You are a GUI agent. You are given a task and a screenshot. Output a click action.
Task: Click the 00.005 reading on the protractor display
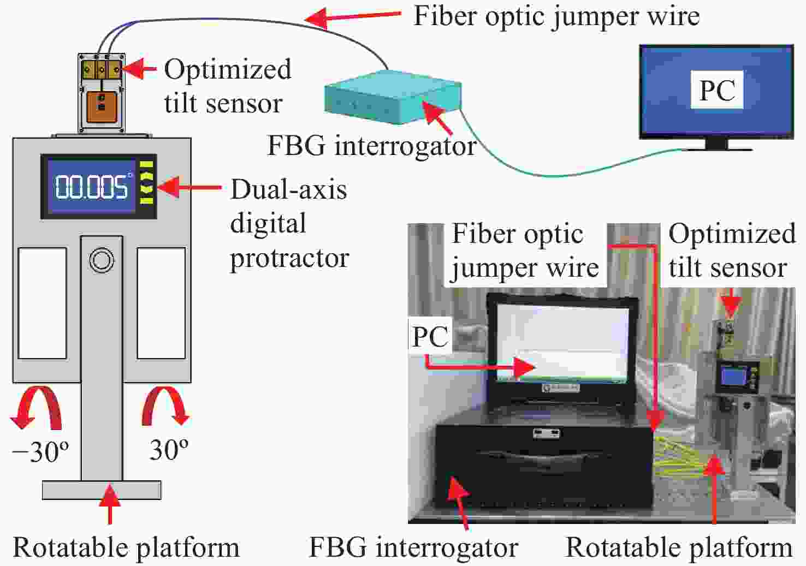92,187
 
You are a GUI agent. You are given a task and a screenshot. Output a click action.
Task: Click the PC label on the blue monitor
717,90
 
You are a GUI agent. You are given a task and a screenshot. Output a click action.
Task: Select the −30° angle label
40,451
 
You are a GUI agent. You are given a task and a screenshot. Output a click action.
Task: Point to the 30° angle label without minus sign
169,449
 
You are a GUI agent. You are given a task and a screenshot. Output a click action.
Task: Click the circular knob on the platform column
102,260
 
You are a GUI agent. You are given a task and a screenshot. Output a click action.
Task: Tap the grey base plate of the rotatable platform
102,490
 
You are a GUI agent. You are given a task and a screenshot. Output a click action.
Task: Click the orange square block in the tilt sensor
102,107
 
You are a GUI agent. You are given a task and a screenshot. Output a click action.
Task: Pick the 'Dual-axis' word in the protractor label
288,189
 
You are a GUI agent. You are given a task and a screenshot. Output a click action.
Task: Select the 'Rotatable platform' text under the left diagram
126,547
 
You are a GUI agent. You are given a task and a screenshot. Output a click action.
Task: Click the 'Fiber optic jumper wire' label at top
556,17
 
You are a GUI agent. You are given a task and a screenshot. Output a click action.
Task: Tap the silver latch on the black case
546,433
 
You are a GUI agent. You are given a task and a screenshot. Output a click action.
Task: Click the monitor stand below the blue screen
717,145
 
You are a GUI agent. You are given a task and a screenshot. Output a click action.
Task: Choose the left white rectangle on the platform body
42,303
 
